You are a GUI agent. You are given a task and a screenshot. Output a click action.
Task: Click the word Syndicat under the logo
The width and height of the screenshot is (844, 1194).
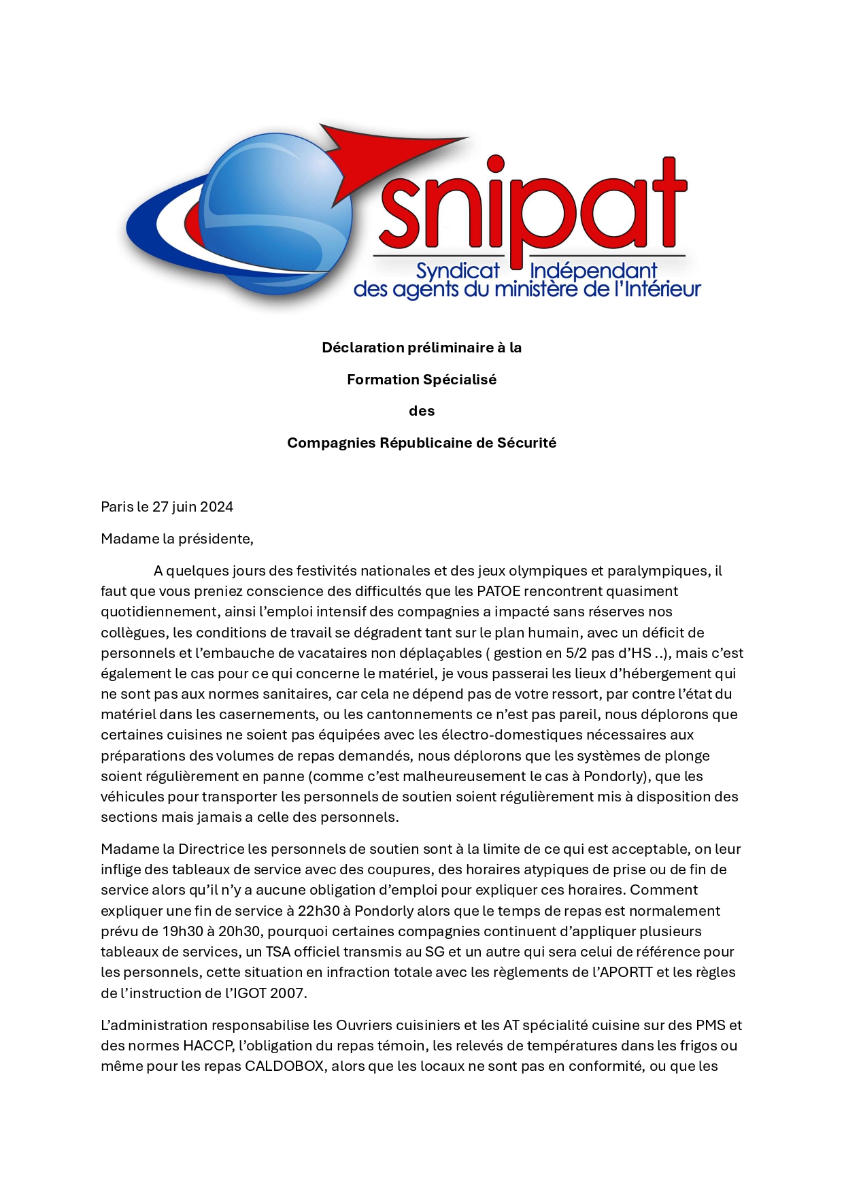click(x=457, y=271)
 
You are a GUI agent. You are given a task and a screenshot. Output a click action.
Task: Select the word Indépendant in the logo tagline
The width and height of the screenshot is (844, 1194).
click(x=593, y=271)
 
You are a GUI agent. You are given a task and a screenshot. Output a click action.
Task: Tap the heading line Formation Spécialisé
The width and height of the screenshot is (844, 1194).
click(x=422, y=380)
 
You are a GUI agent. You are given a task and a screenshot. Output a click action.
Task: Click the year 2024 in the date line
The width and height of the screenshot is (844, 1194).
click(x=216, y=507)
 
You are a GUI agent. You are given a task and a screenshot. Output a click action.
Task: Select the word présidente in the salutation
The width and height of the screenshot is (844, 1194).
click(x=216, y=539)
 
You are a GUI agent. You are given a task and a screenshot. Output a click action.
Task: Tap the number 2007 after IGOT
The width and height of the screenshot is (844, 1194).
click(x=288, y=993)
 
